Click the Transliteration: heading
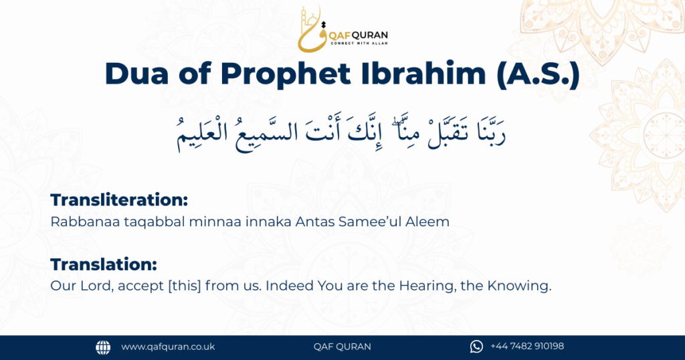119,200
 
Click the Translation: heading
104,264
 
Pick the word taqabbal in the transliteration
140,221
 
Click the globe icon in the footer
103,347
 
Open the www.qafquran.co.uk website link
168,347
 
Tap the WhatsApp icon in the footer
476,347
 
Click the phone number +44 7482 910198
527,347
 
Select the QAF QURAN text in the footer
342,347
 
